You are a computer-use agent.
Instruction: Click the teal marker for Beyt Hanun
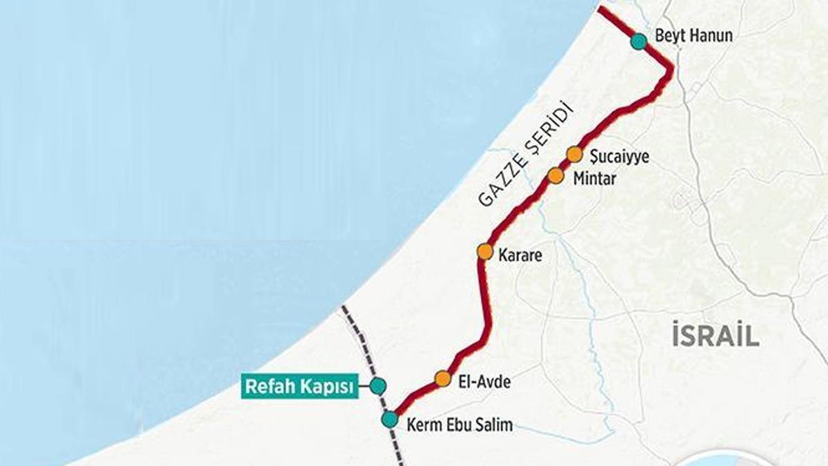click(638, 41)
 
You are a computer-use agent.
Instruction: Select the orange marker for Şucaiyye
click(575, 154)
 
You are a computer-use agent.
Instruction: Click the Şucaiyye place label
click(619, 157)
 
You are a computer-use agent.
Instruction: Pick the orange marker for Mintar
click(556, 176)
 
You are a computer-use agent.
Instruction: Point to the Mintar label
click(595, 179)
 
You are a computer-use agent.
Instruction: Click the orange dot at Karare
click(484, 252)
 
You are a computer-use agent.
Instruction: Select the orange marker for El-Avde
click(443, 378)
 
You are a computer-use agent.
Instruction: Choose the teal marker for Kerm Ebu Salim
click(390, 419)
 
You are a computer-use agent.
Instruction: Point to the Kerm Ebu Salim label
click(460, 425)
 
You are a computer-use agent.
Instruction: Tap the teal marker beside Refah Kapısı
click(377, 386)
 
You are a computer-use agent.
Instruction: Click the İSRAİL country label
click(716, 336)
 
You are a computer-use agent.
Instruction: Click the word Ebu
click(458, 425)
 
